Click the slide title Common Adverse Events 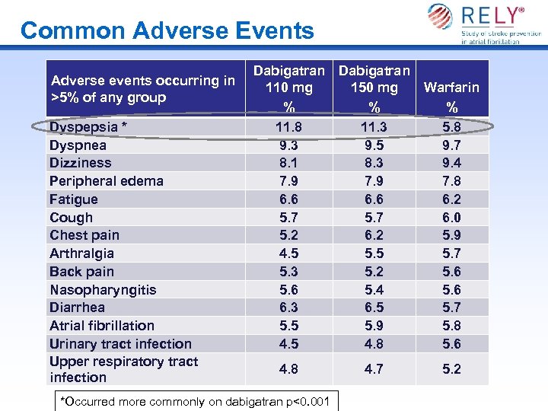coord(167,30)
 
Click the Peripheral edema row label coord(107,181)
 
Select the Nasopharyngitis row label coord(103,290)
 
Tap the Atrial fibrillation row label coord(102,326)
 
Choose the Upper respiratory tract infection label coord(123,369)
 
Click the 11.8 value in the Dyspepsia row coord(288,127)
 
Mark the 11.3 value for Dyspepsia coord(374,127)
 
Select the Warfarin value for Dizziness coord(452,163)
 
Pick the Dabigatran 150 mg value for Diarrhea coord(374,307)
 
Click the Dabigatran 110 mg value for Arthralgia coord(288,253)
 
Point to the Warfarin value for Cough coord(452,218)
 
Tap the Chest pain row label coord(84,235)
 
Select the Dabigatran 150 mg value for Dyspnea coord(374,145)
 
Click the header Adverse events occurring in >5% coord(142,89)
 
